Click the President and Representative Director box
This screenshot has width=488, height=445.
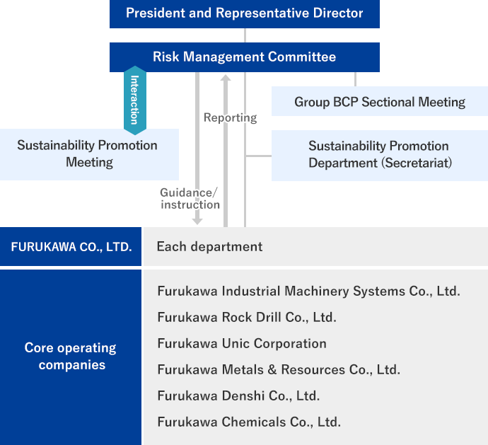(x=245, y=14)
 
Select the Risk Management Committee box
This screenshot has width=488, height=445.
(x=245, y=57)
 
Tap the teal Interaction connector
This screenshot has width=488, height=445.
(x=135, y=100)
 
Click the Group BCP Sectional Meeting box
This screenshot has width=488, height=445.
(x=380, y=101)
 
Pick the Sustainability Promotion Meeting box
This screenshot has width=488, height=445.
(x=89, y=154)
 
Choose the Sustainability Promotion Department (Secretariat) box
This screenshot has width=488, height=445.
(x=380, y=156)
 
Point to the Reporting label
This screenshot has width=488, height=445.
(x=231, y=117)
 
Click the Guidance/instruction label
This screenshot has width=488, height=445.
(x=190, y=199)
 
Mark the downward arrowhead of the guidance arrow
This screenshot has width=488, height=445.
(x=197, y=221)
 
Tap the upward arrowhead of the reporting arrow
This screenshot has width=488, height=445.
(x=226, y=78)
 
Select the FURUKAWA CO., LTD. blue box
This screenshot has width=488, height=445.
(x=71, y=246)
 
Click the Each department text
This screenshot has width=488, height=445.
(x=209, y=247)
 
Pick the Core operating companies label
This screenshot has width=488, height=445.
(x=71, y=357)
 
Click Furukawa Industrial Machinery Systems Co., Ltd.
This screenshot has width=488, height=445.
(x=309, y=291)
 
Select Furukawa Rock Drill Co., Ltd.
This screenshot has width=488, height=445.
(x=247, y=318)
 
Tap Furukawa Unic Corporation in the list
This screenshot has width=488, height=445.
(x=242, y=344)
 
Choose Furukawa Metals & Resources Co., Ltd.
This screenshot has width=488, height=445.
(x=279, y=369)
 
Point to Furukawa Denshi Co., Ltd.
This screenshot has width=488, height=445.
(x=239, y=395)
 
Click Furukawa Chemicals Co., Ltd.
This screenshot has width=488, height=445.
(x=249, y=422)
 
